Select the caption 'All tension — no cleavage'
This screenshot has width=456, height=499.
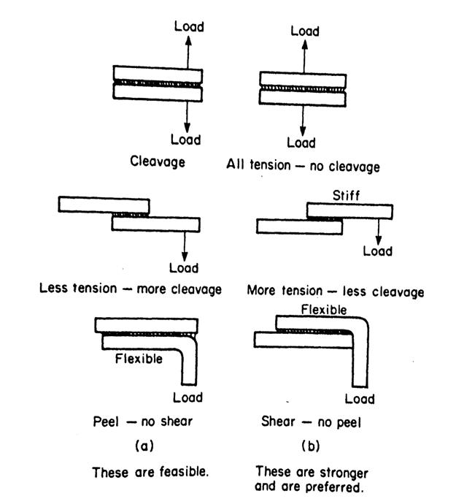(x=304, y=166)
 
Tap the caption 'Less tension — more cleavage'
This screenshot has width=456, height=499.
(x=130, y=289)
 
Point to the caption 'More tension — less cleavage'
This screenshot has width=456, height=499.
(x=335, y=292)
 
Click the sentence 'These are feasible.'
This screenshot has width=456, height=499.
(x=150, y=472)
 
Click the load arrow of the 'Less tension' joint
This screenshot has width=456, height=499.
(x=185, y=245)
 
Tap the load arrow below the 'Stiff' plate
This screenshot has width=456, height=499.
(x=379, y=232)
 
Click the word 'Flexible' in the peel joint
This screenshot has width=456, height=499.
(x=139, y=359)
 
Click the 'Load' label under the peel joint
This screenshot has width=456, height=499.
(x=189, y=397)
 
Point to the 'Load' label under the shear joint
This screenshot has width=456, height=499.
(x=359, y=399)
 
